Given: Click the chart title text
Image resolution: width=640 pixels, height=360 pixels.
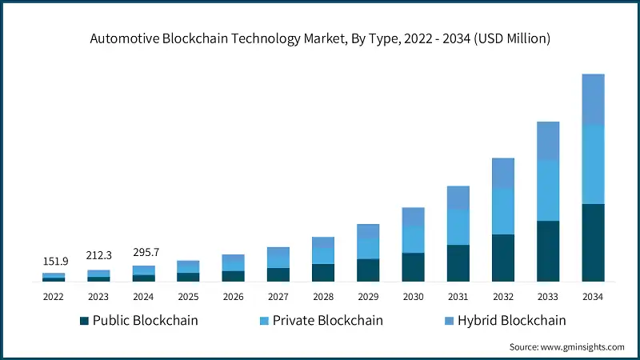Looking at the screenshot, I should point(320,38).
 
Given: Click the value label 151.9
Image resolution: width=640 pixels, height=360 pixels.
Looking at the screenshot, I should point(54,262).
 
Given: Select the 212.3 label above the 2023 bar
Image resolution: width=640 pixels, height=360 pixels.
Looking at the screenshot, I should point(98,256).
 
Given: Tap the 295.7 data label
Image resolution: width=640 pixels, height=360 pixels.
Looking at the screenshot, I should point(144,252).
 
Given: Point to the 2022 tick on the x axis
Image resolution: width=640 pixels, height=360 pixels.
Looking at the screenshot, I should point(54,296).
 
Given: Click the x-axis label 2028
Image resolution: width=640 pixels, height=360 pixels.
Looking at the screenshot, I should point(322,296).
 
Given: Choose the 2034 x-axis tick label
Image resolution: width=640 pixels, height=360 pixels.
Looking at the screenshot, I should point(593,296).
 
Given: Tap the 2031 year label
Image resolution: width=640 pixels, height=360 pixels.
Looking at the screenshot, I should point(458,296).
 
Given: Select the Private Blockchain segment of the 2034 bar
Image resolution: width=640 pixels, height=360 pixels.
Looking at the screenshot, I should point(593,164).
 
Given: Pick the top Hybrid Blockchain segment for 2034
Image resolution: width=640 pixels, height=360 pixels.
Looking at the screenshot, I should point(593,99).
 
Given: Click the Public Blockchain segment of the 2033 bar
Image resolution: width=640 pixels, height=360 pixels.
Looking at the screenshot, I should point(548,251).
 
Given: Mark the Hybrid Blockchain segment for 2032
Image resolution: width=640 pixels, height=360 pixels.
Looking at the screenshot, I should point(503,173).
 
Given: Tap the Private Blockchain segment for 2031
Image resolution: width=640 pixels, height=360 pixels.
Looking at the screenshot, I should point(458,227).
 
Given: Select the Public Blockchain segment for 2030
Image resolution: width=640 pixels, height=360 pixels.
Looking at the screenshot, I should point(413,267).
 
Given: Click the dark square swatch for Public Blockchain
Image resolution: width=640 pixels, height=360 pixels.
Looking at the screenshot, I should point(84,321).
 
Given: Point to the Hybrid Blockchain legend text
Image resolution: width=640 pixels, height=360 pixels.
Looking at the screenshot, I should point(508,321).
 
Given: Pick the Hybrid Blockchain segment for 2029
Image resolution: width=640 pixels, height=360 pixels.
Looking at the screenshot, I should point(368,231).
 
